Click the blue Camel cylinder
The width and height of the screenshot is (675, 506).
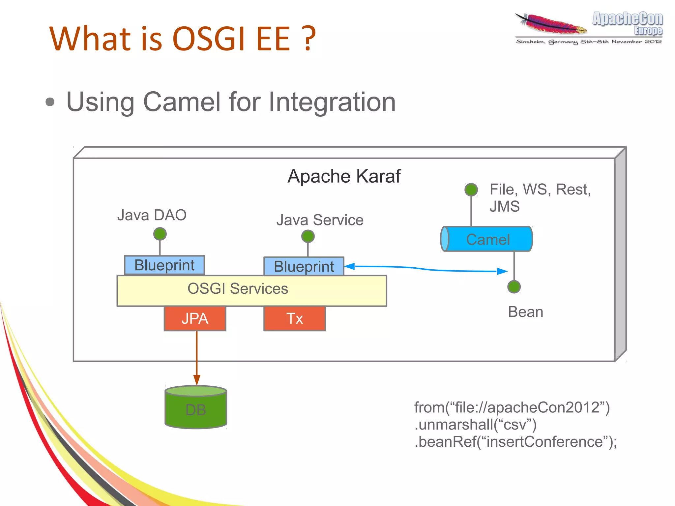click(x=487, y=239)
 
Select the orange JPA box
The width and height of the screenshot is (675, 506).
click(x=195, y=318)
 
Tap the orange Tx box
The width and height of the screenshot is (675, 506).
click(x=295, y=318)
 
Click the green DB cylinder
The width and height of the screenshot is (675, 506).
click(x=196, y=409)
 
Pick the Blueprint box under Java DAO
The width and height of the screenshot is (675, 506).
click(x=164, y=265)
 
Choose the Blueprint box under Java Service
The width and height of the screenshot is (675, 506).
click(x=304, y=266)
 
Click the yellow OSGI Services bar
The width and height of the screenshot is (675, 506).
click(x=252, y=291)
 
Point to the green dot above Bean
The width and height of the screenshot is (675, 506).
click(x=514, y=286)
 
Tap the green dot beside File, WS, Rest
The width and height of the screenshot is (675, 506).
click(x=471, y=190)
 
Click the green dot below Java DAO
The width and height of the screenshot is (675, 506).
click(x=160, y=234)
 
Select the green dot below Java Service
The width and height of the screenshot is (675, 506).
click(x=308, y=236)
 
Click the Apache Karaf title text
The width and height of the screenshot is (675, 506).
click(x=344, y=176)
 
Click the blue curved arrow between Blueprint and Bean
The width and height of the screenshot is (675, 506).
click(x=425, y=269)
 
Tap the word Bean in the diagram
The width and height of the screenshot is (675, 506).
click(x=525, y=312)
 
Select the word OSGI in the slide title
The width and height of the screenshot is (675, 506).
click(x=209, y=39)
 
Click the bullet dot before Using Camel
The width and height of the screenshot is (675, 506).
click(x=50, y=102)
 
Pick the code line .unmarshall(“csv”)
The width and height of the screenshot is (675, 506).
click(x=475, y=425)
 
